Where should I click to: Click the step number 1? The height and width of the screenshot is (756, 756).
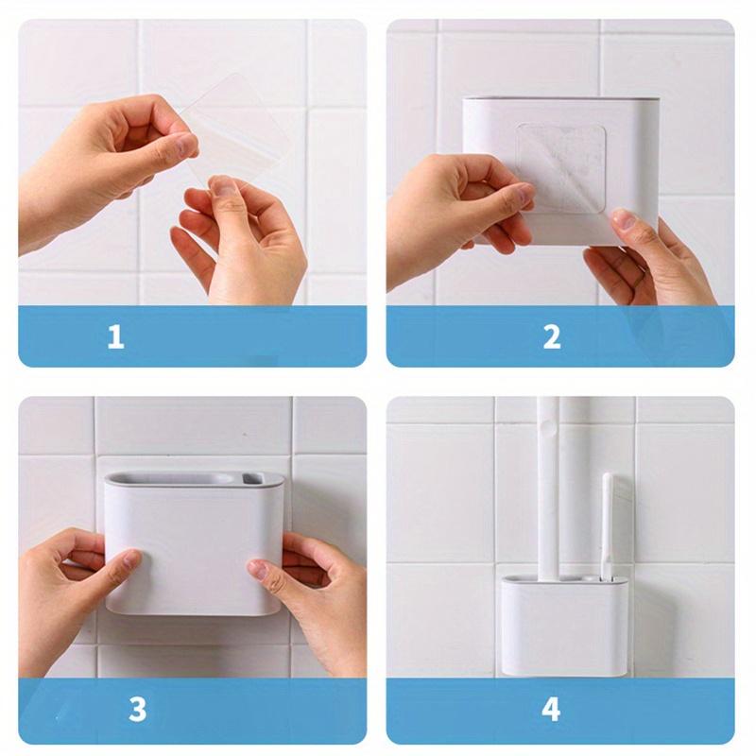pyautogui.click(x=115, y=336)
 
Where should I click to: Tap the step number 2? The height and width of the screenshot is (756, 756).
pyautogui.click(x=552, y=336)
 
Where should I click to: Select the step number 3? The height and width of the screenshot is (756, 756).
pyautogui.click(x=138, y=709)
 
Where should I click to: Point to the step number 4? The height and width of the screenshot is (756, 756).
pyautogui.click(x=552, y=709)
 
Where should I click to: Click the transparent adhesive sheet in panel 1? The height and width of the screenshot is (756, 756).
pyautogui.click(x=236, y=128)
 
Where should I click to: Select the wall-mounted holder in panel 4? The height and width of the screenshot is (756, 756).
pyautogui.click(x=562, y=624)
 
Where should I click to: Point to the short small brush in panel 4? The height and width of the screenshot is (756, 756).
pyautogui.click(x=610, y=524)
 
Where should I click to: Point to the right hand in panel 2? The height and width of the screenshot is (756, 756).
pyautogui.click(x=652, y=260)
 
